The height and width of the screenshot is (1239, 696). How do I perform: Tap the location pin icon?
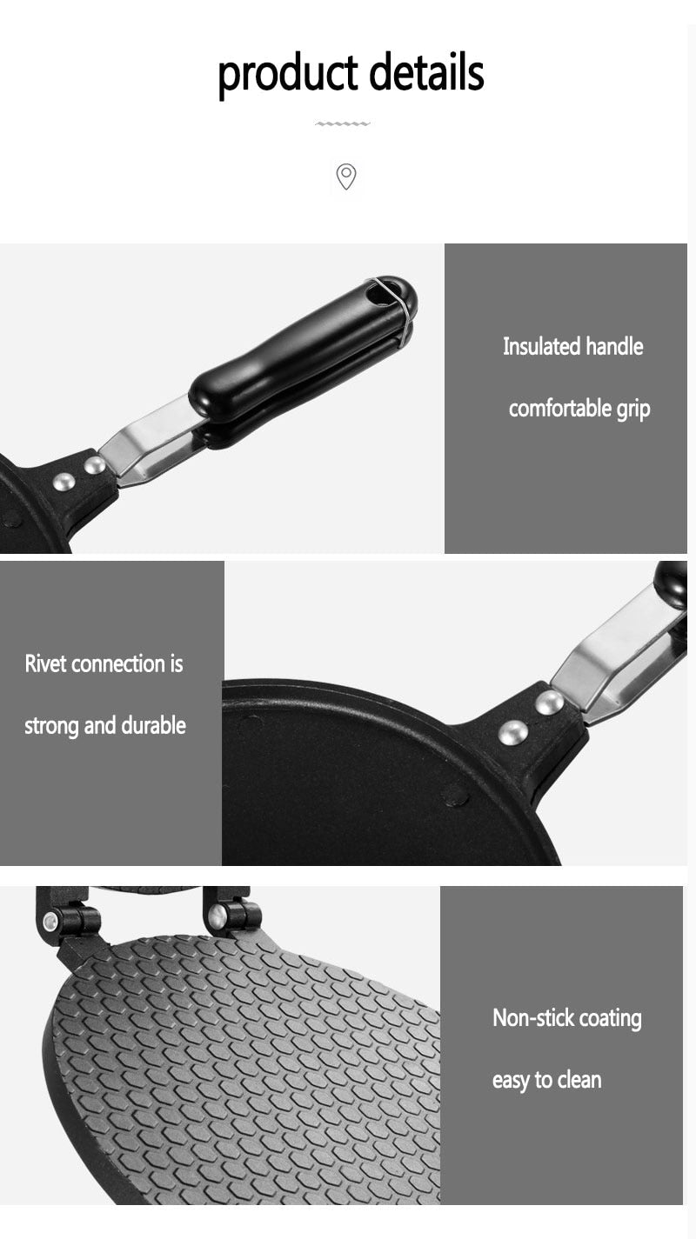346,177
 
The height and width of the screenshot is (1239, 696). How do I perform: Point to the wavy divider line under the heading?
343,123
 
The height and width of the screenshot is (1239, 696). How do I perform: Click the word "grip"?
633,410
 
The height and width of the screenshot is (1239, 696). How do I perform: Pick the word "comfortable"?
560,408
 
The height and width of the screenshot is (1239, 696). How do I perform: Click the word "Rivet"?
45,663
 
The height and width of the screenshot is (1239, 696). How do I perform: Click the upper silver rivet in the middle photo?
549,703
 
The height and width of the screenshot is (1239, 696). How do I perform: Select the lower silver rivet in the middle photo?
513,733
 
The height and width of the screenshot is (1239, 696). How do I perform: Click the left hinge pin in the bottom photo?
51,921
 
